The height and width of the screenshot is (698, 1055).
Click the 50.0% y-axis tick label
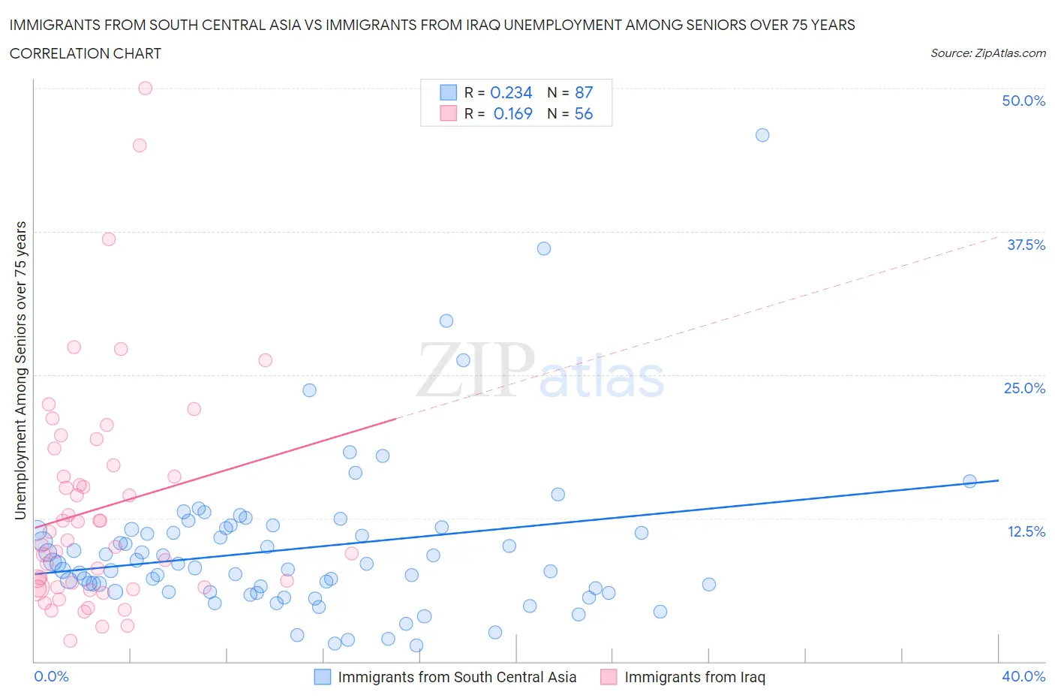(1023, 101)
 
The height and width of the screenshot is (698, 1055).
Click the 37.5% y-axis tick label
(1026, 245)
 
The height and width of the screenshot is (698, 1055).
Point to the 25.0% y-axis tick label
(1024, 388)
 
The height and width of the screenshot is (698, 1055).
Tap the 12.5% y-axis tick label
(1026, 531)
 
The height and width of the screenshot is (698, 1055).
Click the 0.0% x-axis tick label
(51, 676)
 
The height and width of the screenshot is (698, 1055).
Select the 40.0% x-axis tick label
(1023, 676)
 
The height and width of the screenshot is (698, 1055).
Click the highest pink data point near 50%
(146, 88)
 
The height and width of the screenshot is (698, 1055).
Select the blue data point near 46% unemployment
(762, 135)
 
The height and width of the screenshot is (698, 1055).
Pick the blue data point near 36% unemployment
(544, 248)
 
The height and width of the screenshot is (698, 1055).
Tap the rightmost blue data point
(969, 481)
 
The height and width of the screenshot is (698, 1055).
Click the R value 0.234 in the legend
(511, 92)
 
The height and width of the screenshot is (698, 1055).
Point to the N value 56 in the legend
(584, 113)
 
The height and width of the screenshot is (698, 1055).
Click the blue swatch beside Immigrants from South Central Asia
(322, 677)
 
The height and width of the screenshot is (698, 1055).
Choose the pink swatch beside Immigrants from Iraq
(609, 677)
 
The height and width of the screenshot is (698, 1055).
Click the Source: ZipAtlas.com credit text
(987, 53)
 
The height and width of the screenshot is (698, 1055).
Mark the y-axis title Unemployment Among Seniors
(21, 370)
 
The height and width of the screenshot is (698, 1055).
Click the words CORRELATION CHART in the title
(86, 53)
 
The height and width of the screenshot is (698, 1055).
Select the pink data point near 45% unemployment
(140, 146)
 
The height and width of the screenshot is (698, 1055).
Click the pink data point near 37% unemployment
(109, 239)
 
